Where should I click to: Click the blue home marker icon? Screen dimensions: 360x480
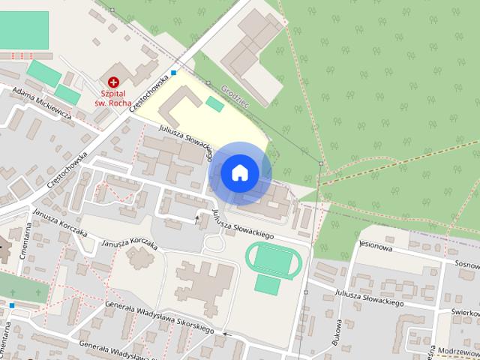point(239,173)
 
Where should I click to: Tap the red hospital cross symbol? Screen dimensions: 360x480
point(113,82)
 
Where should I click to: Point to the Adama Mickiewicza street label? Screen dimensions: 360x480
point(42,103)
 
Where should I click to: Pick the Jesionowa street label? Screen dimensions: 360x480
point(376,244)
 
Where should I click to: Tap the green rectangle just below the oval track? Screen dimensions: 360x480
point(268,285)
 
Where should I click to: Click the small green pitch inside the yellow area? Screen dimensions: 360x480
point(215,104)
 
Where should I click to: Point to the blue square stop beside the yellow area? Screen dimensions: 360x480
point(174,73)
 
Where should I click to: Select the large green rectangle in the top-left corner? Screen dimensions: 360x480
point(23,30)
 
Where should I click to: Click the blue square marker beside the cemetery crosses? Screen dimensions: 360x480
point(12,305)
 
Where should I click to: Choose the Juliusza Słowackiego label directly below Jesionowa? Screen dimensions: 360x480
point(370,298)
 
